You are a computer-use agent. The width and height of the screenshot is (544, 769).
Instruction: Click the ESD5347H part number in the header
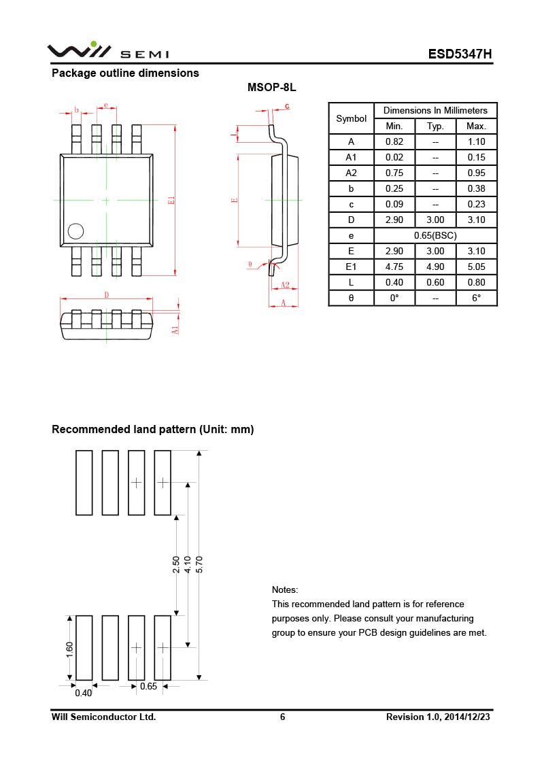tap(459, 54)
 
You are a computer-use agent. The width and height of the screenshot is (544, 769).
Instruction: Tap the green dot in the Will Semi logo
tap(94, 44)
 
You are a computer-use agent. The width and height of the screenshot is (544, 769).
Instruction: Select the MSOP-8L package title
tap(272, 88)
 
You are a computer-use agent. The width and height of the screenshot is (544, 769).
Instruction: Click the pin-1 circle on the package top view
tap(75, 230)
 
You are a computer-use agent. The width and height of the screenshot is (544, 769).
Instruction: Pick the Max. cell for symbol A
tap(476, 141)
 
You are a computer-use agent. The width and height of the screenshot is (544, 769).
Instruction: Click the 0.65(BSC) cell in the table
tap(435, 235)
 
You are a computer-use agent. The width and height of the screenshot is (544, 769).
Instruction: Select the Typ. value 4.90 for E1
tap(435, 267)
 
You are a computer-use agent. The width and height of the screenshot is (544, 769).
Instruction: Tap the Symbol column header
tap(351, 118)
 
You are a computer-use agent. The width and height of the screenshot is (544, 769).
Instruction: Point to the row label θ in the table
tap(351, 298)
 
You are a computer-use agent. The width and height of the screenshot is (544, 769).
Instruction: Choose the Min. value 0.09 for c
tap(394, 204)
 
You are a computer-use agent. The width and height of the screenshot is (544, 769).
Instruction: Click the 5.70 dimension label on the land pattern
tap(199, 564)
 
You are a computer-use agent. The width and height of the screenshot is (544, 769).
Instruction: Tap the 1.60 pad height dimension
tap(69, 648)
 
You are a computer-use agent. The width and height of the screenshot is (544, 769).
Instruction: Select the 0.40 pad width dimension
tap(83, 693)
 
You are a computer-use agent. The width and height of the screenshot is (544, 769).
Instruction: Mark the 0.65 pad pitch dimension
tap(148, 686)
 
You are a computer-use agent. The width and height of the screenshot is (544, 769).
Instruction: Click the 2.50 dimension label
tap(176, 564)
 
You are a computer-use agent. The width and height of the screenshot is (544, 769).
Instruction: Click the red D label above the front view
tap(107, 294)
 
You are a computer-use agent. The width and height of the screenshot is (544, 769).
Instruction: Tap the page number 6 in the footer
tap(282, 717)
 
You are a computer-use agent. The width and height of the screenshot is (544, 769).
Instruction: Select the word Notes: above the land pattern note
tap(285, 589)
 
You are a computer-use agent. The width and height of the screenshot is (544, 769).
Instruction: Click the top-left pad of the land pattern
tap(84, 482)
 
